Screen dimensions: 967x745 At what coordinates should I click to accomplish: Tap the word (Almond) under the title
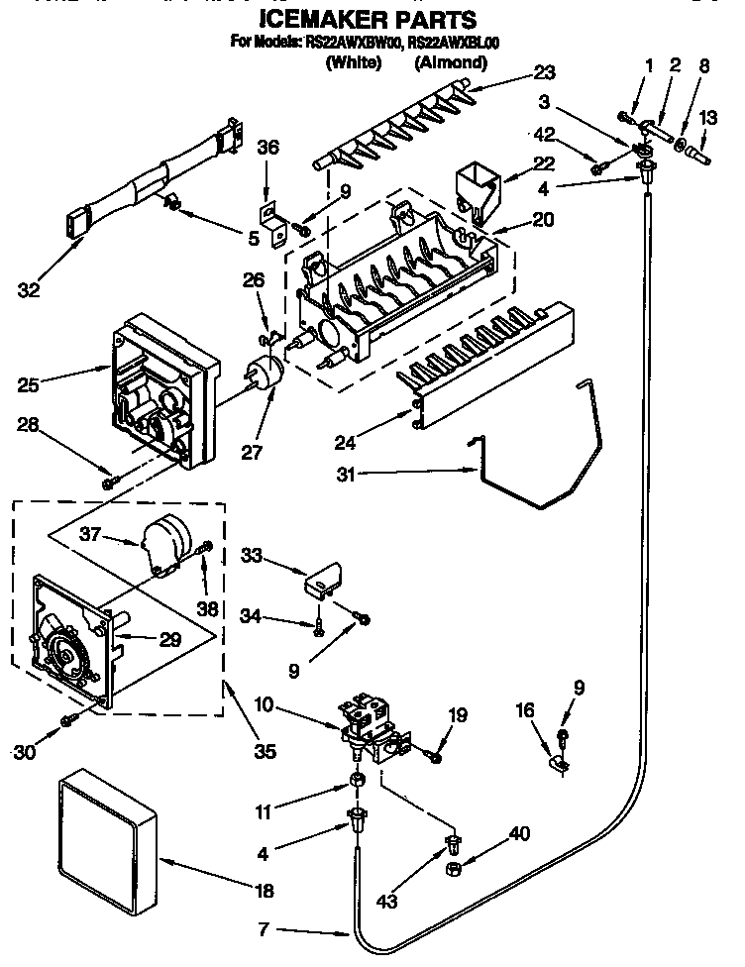450,62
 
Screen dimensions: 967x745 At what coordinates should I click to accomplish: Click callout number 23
544,72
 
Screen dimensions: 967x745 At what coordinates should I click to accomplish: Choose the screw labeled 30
69,719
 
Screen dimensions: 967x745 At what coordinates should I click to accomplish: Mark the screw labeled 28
108,483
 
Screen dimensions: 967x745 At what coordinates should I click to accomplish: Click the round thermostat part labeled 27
265,376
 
